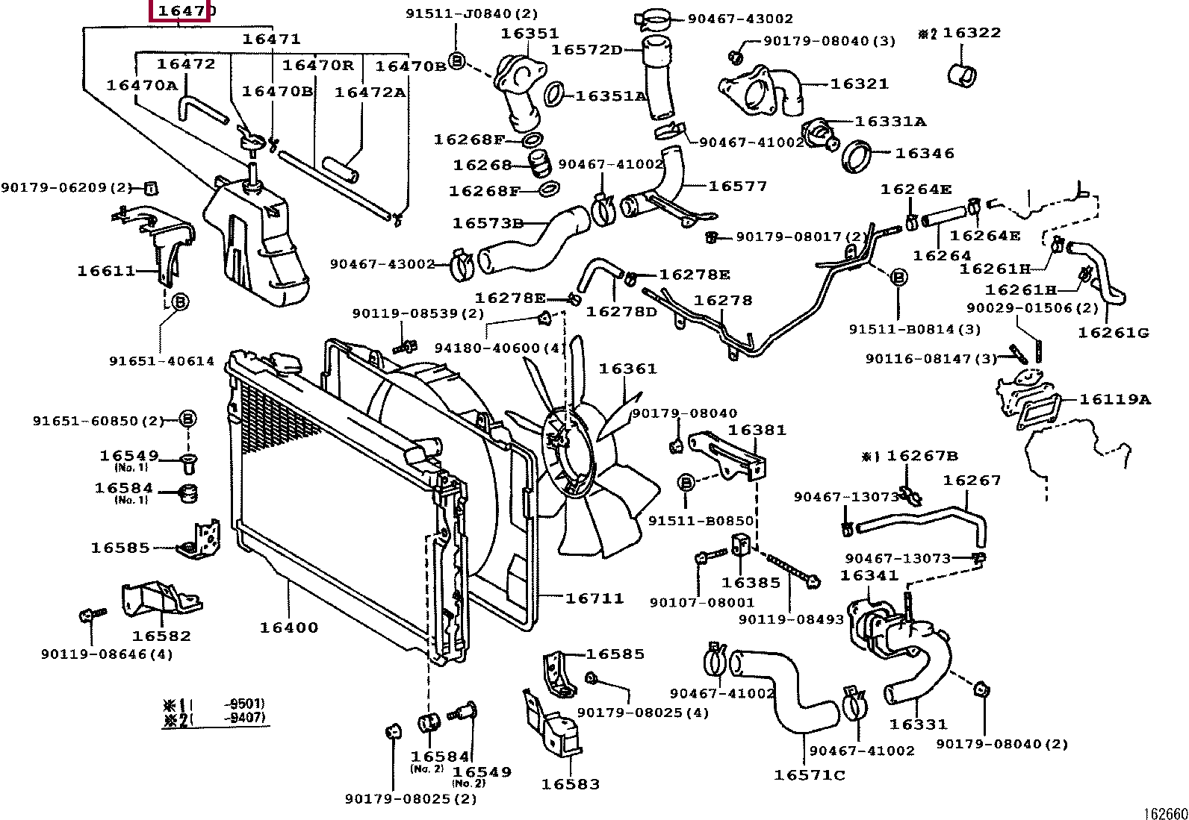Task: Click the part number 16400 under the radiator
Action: point(288,627)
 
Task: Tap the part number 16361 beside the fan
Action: point(627,369)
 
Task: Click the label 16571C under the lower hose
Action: point(809,775)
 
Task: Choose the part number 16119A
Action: point(1114,400)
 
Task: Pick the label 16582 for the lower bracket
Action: point(161,636)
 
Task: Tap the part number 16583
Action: point(571,784)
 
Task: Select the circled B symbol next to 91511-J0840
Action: point(458,60)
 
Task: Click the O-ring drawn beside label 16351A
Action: point(553,95)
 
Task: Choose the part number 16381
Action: point(757,431)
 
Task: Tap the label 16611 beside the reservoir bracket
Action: point(106,271)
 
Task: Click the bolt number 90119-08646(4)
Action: point(107,654)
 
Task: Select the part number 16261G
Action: point(1113,332)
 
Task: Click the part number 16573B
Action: point(488,223)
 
